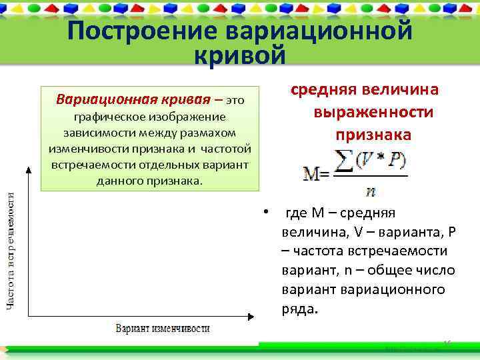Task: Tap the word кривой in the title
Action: [x=239, y=55]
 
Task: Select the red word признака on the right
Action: [x=373, y=134]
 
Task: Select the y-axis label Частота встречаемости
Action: [x=12, y=249]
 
